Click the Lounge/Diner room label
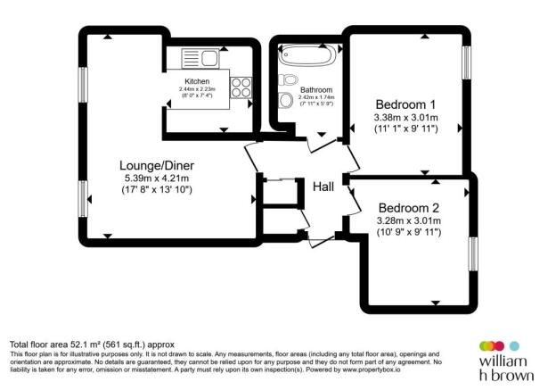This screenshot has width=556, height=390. (x=158, y=165)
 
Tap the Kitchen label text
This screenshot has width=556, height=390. (x=197, y=81)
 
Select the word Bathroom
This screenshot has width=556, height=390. (x=316, y=90)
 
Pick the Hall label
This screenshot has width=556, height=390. (x=323, y=186)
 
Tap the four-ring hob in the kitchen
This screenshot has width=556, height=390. (x=241, y=87)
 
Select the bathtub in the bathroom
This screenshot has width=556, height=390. (x=306, y=57)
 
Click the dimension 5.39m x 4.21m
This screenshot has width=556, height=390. (x=158, y=178)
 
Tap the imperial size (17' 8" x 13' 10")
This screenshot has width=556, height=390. (x=158, y=191)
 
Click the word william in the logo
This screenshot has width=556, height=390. (x=503, y=361)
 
